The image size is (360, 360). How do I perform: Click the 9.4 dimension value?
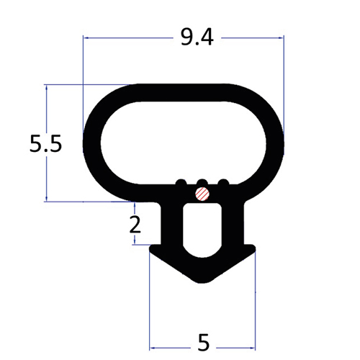click(197, 37)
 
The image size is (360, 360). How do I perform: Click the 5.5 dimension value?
click(45, 144)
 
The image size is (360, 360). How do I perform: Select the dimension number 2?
click(135, 224)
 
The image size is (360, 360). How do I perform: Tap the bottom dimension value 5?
click(204, 343)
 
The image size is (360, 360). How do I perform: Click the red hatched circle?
click(202, 194)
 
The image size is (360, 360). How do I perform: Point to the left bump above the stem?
click(181, 182)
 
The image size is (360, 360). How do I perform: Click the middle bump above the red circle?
click(202, 182)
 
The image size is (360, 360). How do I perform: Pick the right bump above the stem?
click(223, 182)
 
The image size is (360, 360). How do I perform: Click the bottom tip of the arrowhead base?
click(202, 283)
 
